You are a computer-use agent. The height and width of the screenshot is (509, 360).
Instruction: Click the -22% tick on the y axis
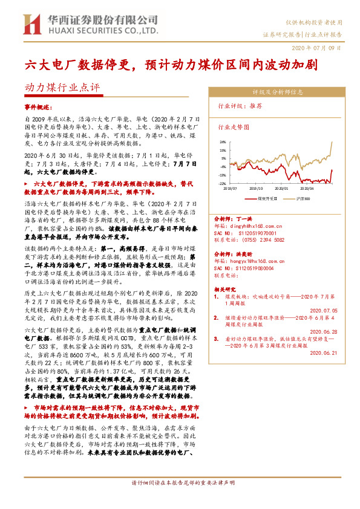223,183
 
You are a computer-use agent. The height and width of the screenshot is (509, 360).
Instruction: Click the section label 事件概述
38,105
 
